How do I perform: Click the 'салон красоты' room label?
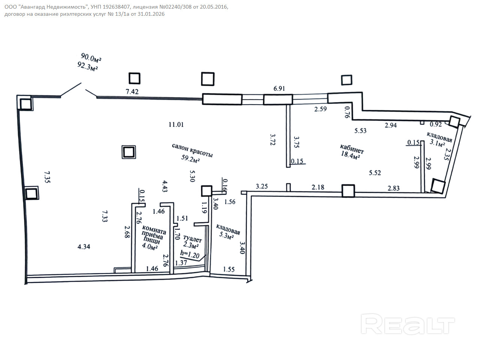[x=192, y=150]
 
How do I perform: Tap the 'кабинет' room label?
[x=352, y=148]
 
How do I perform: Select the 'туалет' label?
[x=192, y=238]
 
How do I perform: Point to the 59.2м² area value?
[x=190, y=159]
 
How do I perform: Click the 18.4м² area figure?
[x=351, y=155]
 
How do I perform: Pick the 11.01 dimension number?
[x=176, y=124]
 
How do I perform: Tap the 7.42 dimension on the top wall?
[x=132, y=91]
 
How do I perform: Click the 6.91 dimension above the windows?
[x=279, y=88]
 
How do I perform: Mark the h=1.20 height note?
[x=190, y=254]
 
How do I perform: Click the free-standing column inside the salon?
[x=129, y=152]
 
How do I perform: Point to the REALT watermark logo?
[x=408, y=324]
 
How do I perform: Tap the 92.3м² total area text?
[x=87, y=66]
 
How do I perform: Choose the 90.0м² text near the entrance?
[x=91, y=57]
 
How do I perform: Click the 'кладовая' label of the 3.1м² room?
[x=439, y=137]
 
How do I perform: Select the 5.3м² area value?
[x=226, y=235]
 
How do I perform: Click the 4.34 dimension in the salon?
[x=84, y=247]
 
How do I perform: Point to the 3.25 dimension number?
[x=262, y=186]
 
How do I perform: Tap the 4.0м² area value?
[x=150, y=246]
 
